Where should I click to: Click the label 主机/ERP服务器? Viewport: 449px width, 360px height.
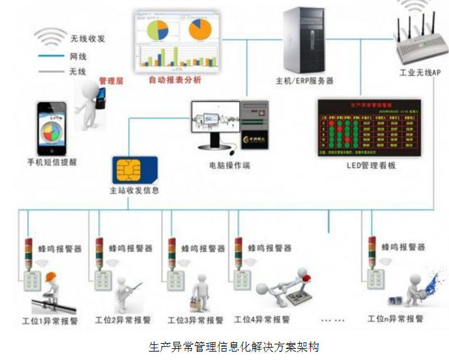pyautogui.click(x=304, y=81)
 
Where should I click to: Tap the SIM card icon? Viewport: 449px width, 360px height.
pyautogui.click(x=134, y=171)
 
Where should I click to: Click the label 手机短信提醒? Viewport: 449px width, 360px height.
pyautogui.click(x=51, y=161)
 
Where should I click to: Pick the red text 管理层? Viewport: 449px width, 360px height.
pyautogui.click(x=111, y=80)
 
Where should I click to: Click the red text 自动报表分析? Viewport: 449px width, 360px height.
pyautogui.click(x=175, y=80)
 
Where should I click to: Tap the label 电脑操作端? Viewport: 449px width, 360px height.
pyautogui.click(x=229, y=165)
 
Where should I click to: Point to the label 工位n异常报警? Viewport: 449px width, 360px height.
pyautogui.click(x=395, y=319)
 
